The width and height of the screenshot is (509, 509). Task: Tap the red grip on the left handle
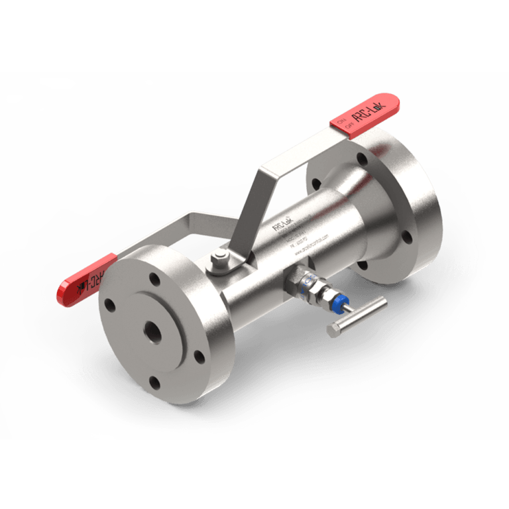click(85, 281)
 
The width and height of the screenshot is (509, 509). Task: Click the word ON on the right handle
click(341, 121)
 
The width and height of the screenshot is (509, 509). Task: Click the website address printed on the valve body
click(312, 253)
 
